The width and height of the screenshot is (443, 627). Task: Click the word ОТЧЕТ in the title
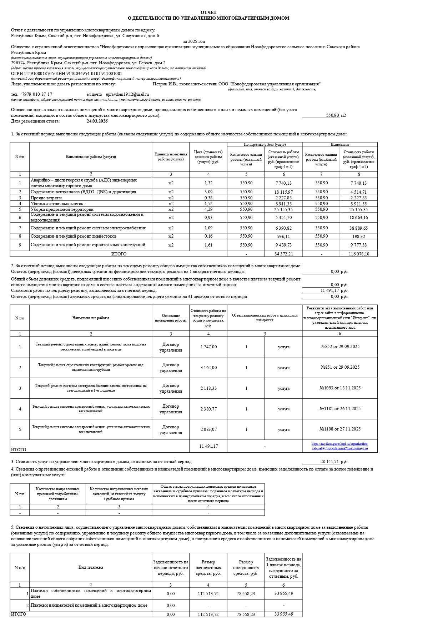(208, 13)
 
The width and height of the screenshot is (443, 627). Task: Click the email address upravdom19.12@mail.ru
(127, 94)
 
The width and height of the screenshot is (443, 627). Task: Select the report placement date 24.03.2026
(97, 121)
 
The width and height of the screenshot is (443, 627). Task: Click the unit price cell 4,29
(208, 209)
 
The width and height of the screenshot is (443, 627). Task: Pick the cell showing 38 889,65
(358, 228)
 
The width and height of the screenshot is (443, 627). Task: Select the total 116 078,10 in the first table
(358, 254)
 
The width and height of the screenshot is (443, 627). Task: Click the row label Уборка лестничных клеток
(57, 204)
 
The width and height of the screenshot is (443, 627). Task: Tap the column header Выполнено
(340, 145)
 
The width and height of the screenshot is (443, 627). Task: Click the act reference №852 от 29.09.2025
(340, 347)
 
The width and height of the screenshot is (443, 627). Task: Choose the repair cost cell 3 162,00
(208, 368)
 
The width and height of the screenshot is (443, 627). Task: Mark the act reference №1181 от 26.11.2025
(340, 409)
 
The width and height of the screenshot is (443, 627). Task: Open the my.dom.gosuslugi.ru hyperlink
(340, 446)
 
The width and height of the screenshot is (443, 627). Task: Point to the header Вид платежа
(91, 567)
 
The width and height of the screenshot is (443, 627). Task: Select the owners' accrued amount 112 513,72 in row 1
(208, 594)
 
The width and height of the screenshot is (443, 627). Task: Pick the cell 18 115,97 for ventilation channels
(283, 192)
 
